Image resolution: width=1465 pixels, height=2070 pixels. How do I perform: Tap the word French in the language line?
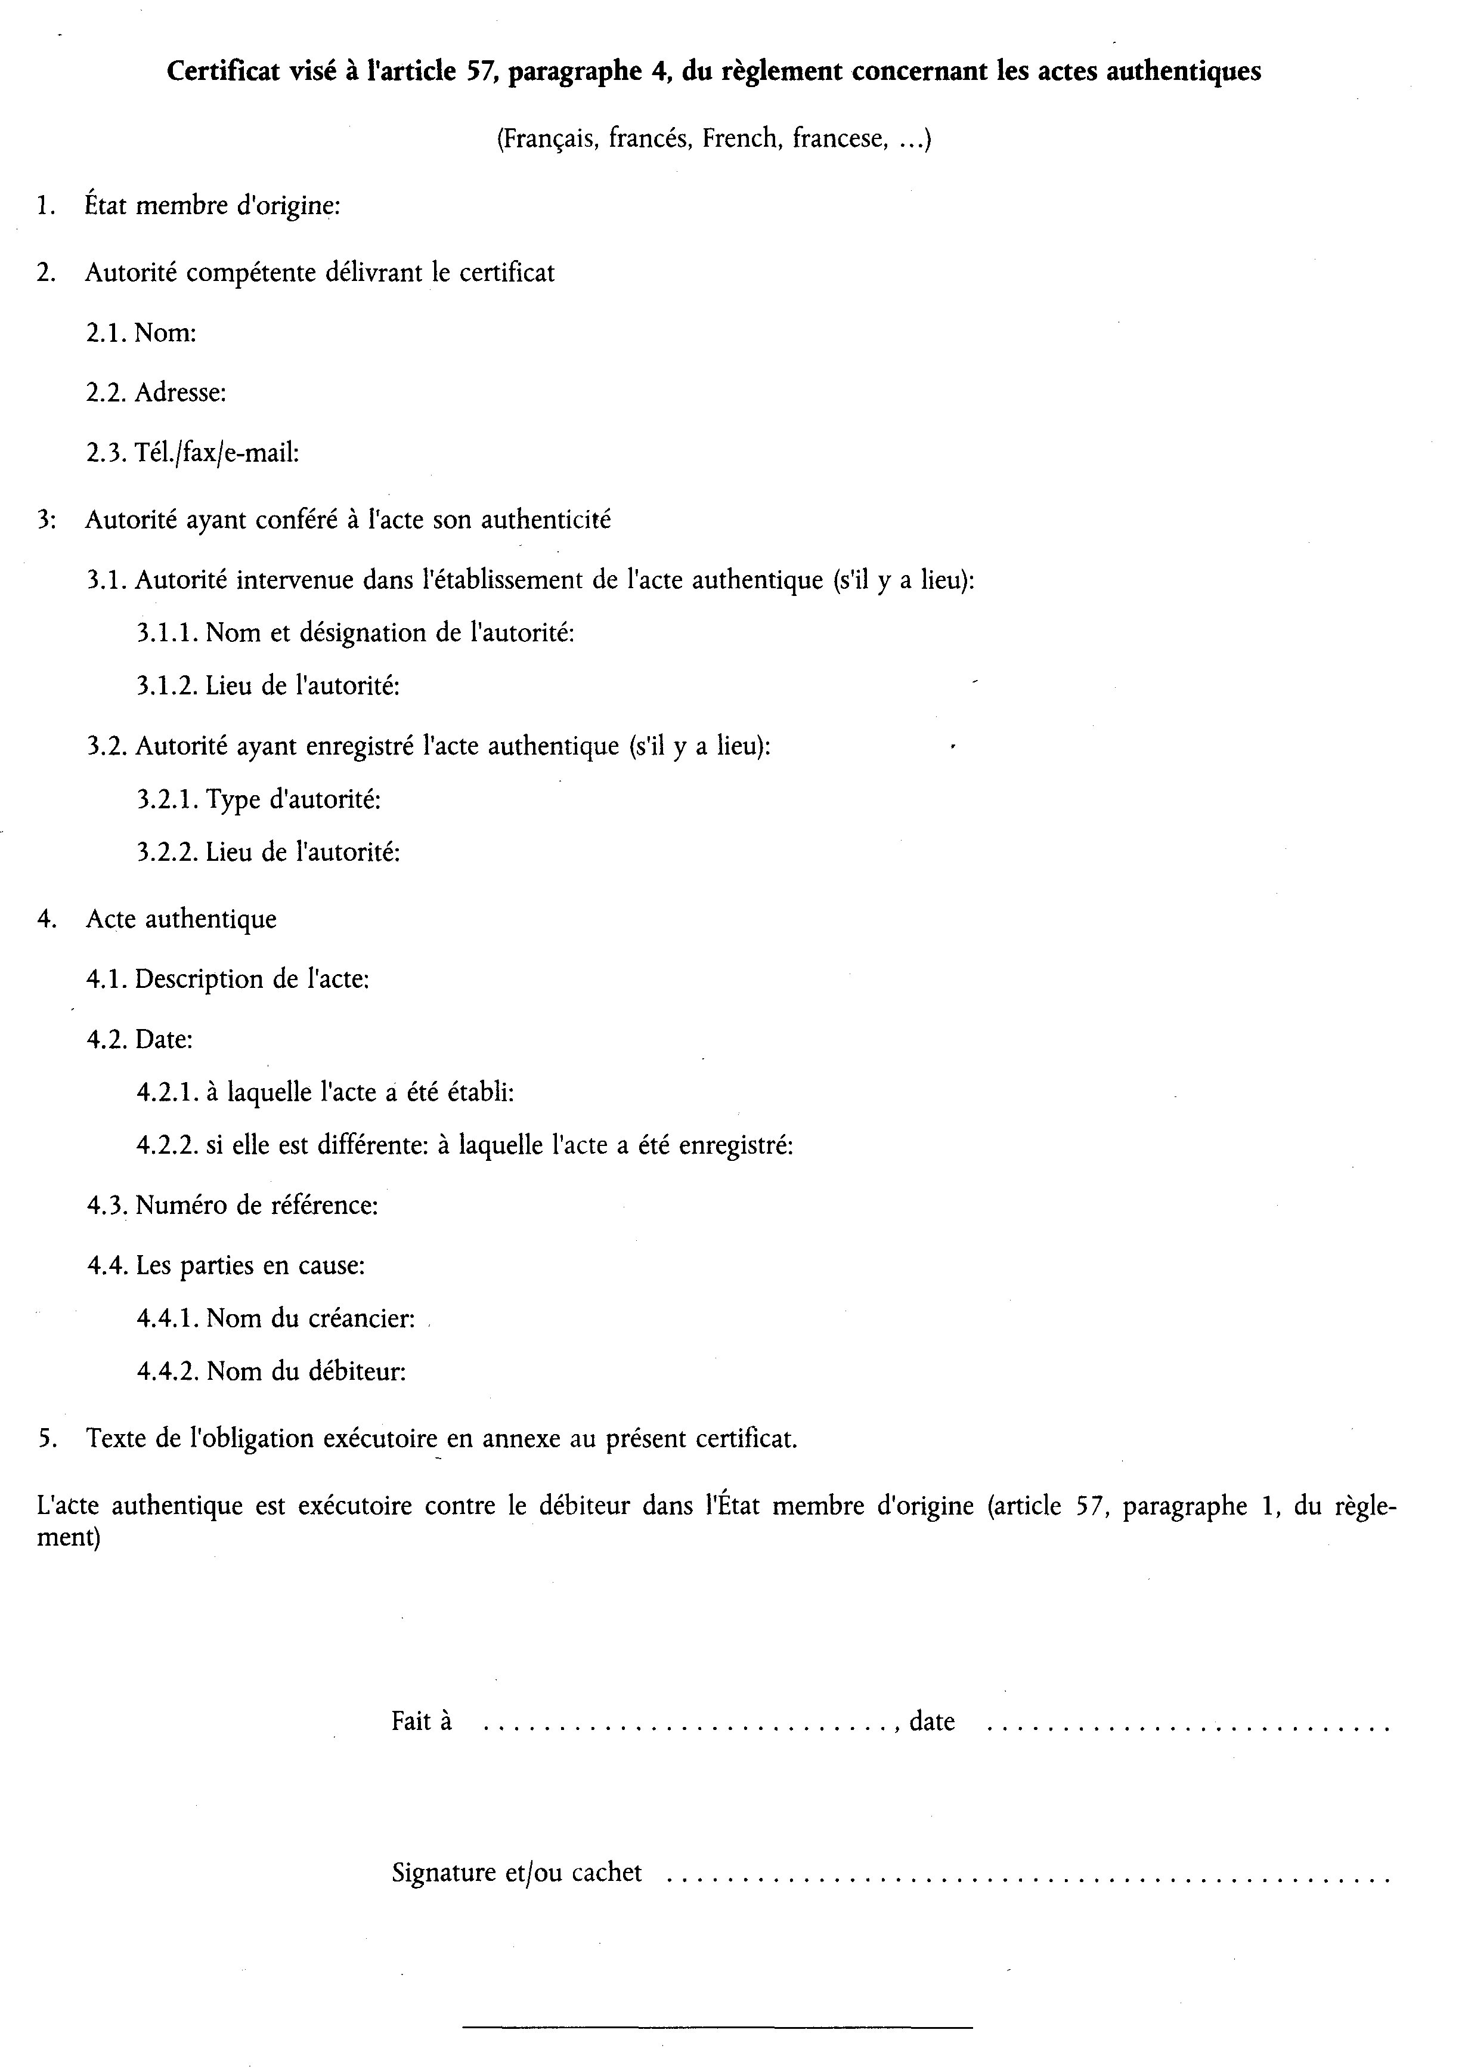tap(739, 139)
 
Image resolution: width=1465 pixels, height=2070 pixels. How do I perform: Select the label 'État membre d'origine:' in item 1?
tap(212, 206)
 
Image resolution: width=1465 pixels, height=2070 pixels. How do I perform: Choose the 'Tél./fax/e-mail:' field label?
tap(216, 453)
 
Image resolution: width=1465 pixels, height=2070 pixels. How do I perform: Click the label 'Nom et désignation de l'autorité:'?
tap(390, 632)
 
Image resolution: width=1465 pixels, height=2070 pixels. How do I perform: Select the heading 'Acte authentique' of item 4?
tap(181, 919)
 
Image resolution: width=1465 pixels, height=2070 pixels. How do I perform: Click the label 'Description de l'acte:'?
tap(252, 980)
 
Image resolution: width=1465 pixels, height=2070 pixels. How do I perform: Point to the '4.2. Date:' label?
tap(140, 1040)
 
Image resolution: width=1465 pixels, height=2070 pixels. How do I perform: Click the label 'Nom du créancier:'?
tap(310, 1319)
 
